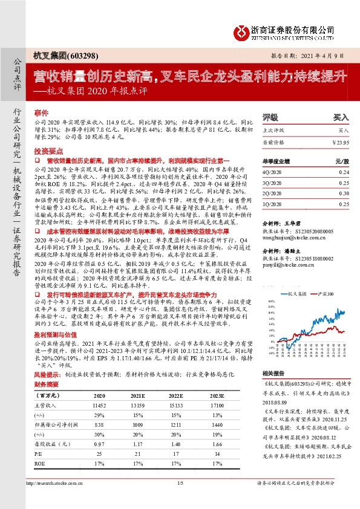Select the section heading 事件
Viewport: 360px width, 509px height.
41,113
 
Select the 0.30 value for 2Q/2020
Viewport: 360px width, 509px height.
344,193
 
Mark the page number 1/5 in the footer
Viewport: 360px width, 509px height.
180,482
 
